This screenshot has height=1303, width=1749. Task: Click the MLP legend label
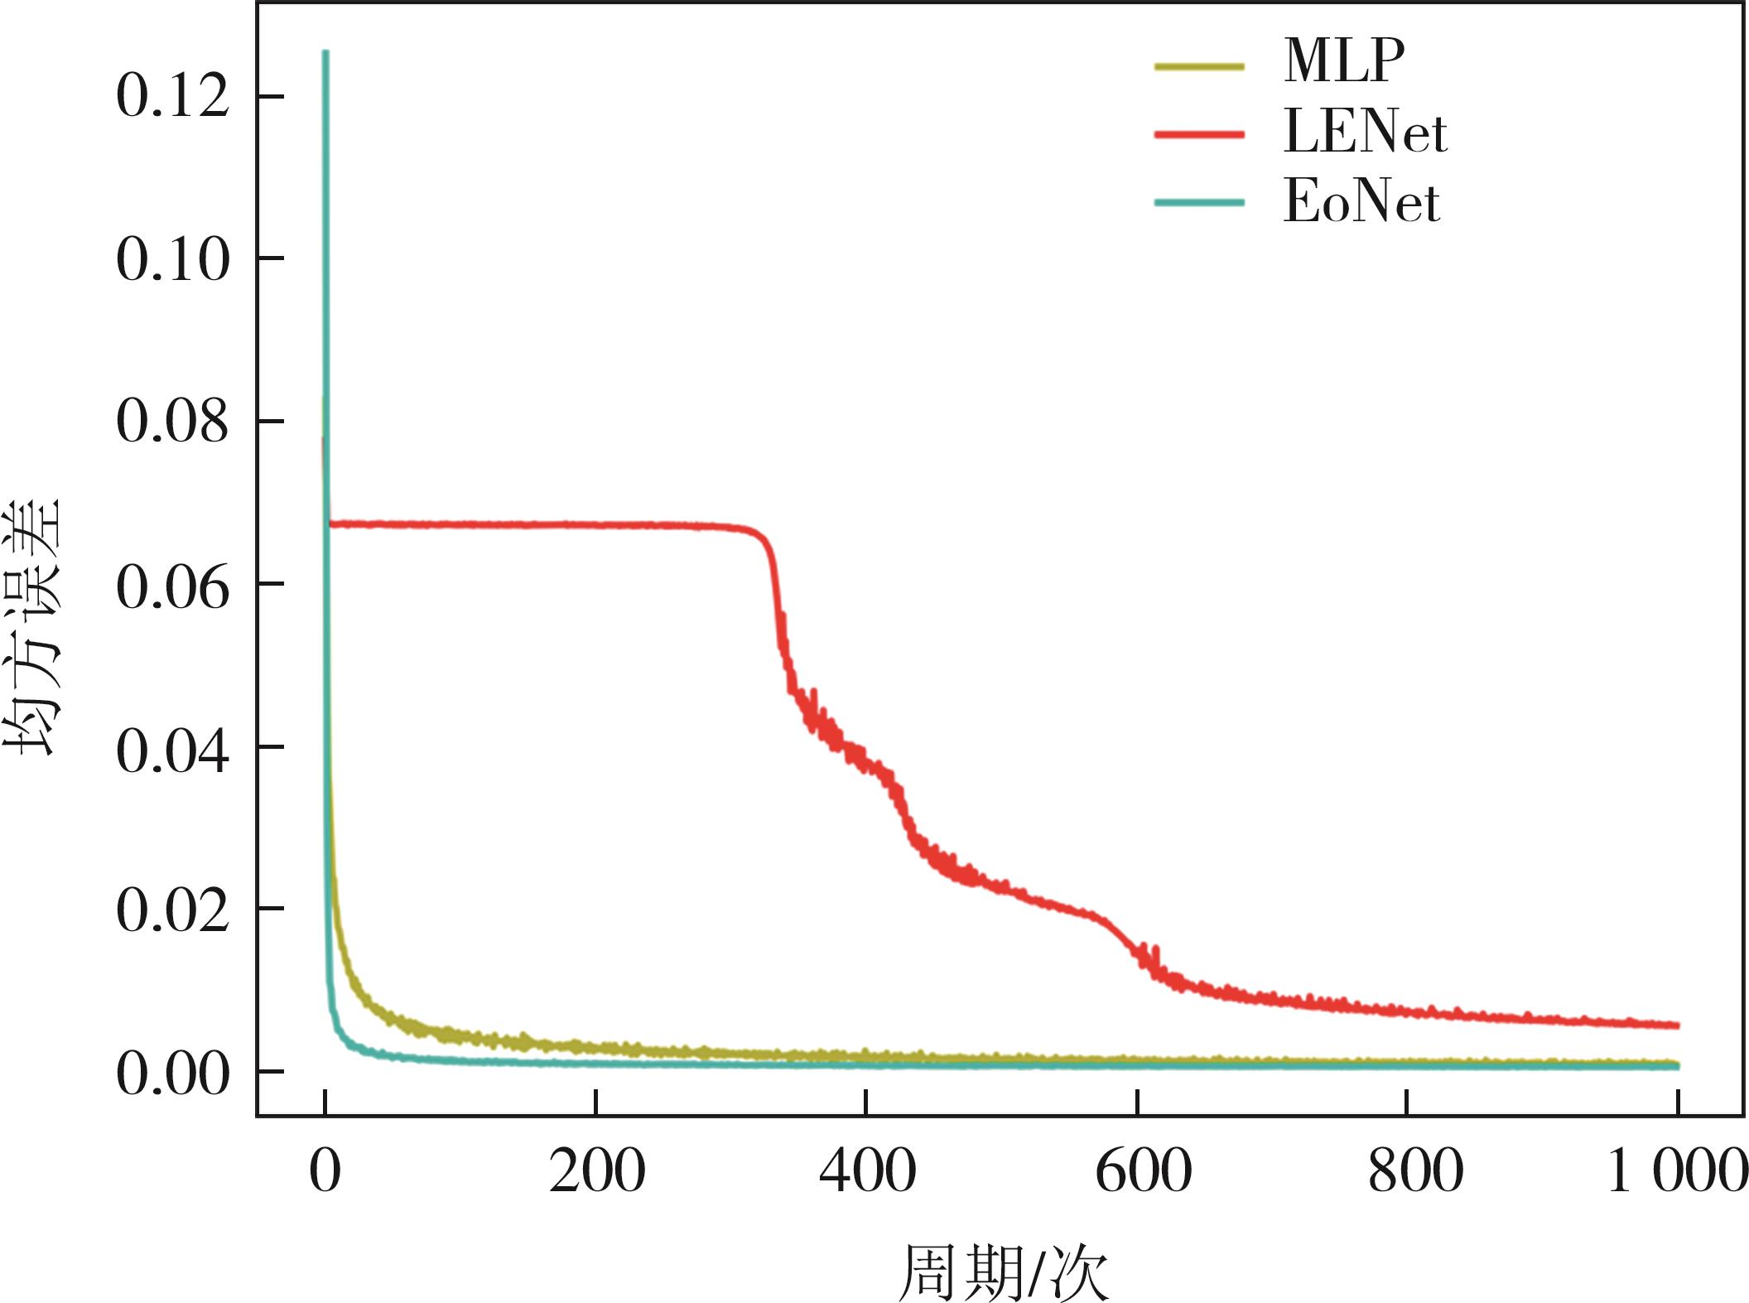click(x=1343, y=60)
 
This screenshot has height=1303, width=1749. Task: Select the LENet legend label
click(x=1365, y=133)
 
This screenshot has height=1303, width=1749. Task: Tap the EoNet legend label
click(x=1361, y=202)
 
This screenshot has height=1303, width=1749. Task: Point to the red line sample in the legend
click(x=1199, y=134)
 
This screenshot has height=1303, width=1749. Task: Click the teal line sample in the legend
click(x=1199, y=203)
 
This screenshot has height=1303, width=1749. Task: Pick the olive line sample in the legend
click(x=1199, y=66)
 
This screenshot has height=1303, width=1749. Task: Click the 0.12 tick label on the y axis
click(x=172, y=97)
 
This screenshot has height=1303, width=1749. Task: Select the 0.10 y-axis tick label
click(x=172, y=259)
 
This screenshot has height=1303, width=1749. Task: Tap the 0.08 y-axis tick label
click(x=172, y=422)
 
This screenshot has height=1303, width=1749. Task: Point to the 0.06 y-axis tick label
click(x=172, y=585)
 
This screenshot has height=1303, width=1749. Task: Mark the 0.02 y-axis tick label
click(x=172, y=910)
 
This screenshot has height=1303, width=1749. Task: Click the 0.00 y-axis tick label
click(x=172, y=1074)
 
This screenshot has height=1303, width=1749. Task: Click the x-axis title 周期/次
click(x=1003, y=1272)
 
